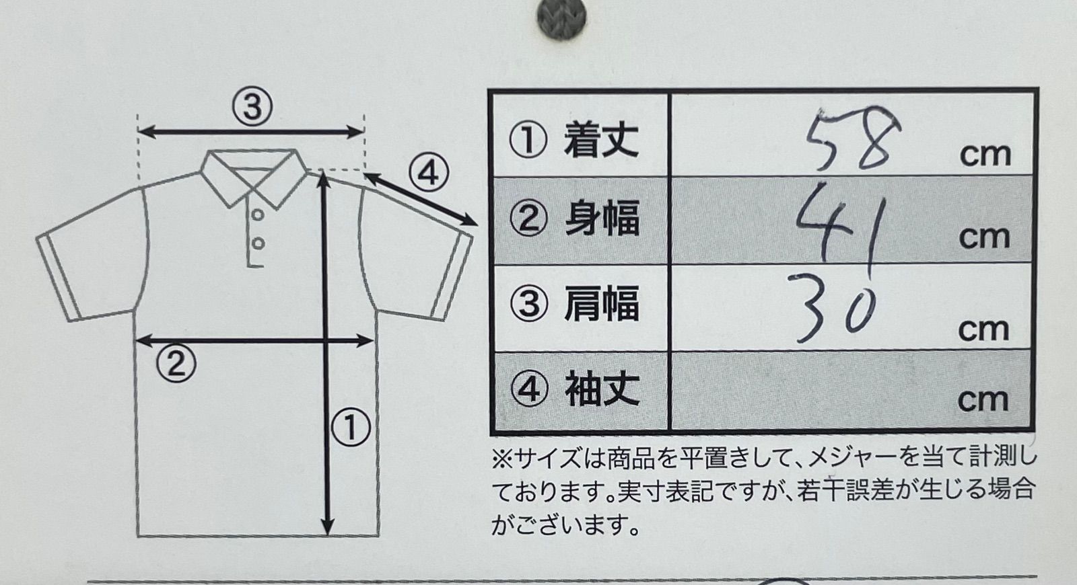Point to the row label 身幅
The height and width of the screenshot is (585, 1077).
tap(602, 219)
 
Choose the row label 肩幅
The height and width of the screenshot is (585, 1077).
tap(602, 303)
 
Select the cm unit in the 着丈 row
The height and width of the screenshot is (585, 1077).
tap(985, 155)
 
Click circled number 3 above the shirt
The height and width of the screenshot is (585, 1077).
tap(252, 106)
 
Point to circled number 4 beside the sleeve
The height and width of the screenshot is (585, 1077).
tap(429, 173)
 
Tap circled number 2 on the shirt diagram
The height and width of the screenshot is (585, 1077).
tap(176, 363)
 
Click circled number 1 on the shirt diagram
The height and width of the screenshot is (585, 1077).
tap(351, 427)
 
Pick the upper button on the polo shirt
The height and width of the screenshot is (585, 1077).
tap(258, 214)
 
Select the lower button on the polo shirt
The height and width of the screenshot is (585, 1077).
tap(258, 243)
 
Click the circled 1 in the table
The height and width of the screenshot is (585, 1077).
tap(528, 140)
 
